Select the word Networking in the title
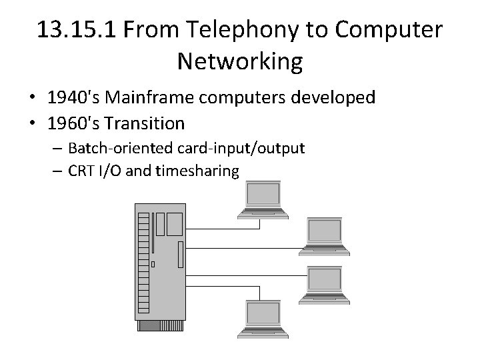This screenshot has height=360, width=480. [240, 62]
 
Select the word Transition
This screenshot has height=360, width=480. [147, 123]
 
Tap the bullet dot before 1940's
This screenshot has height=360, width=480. [32, 99]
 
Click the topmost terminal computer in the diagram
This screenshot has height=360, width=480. [263, 199]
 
